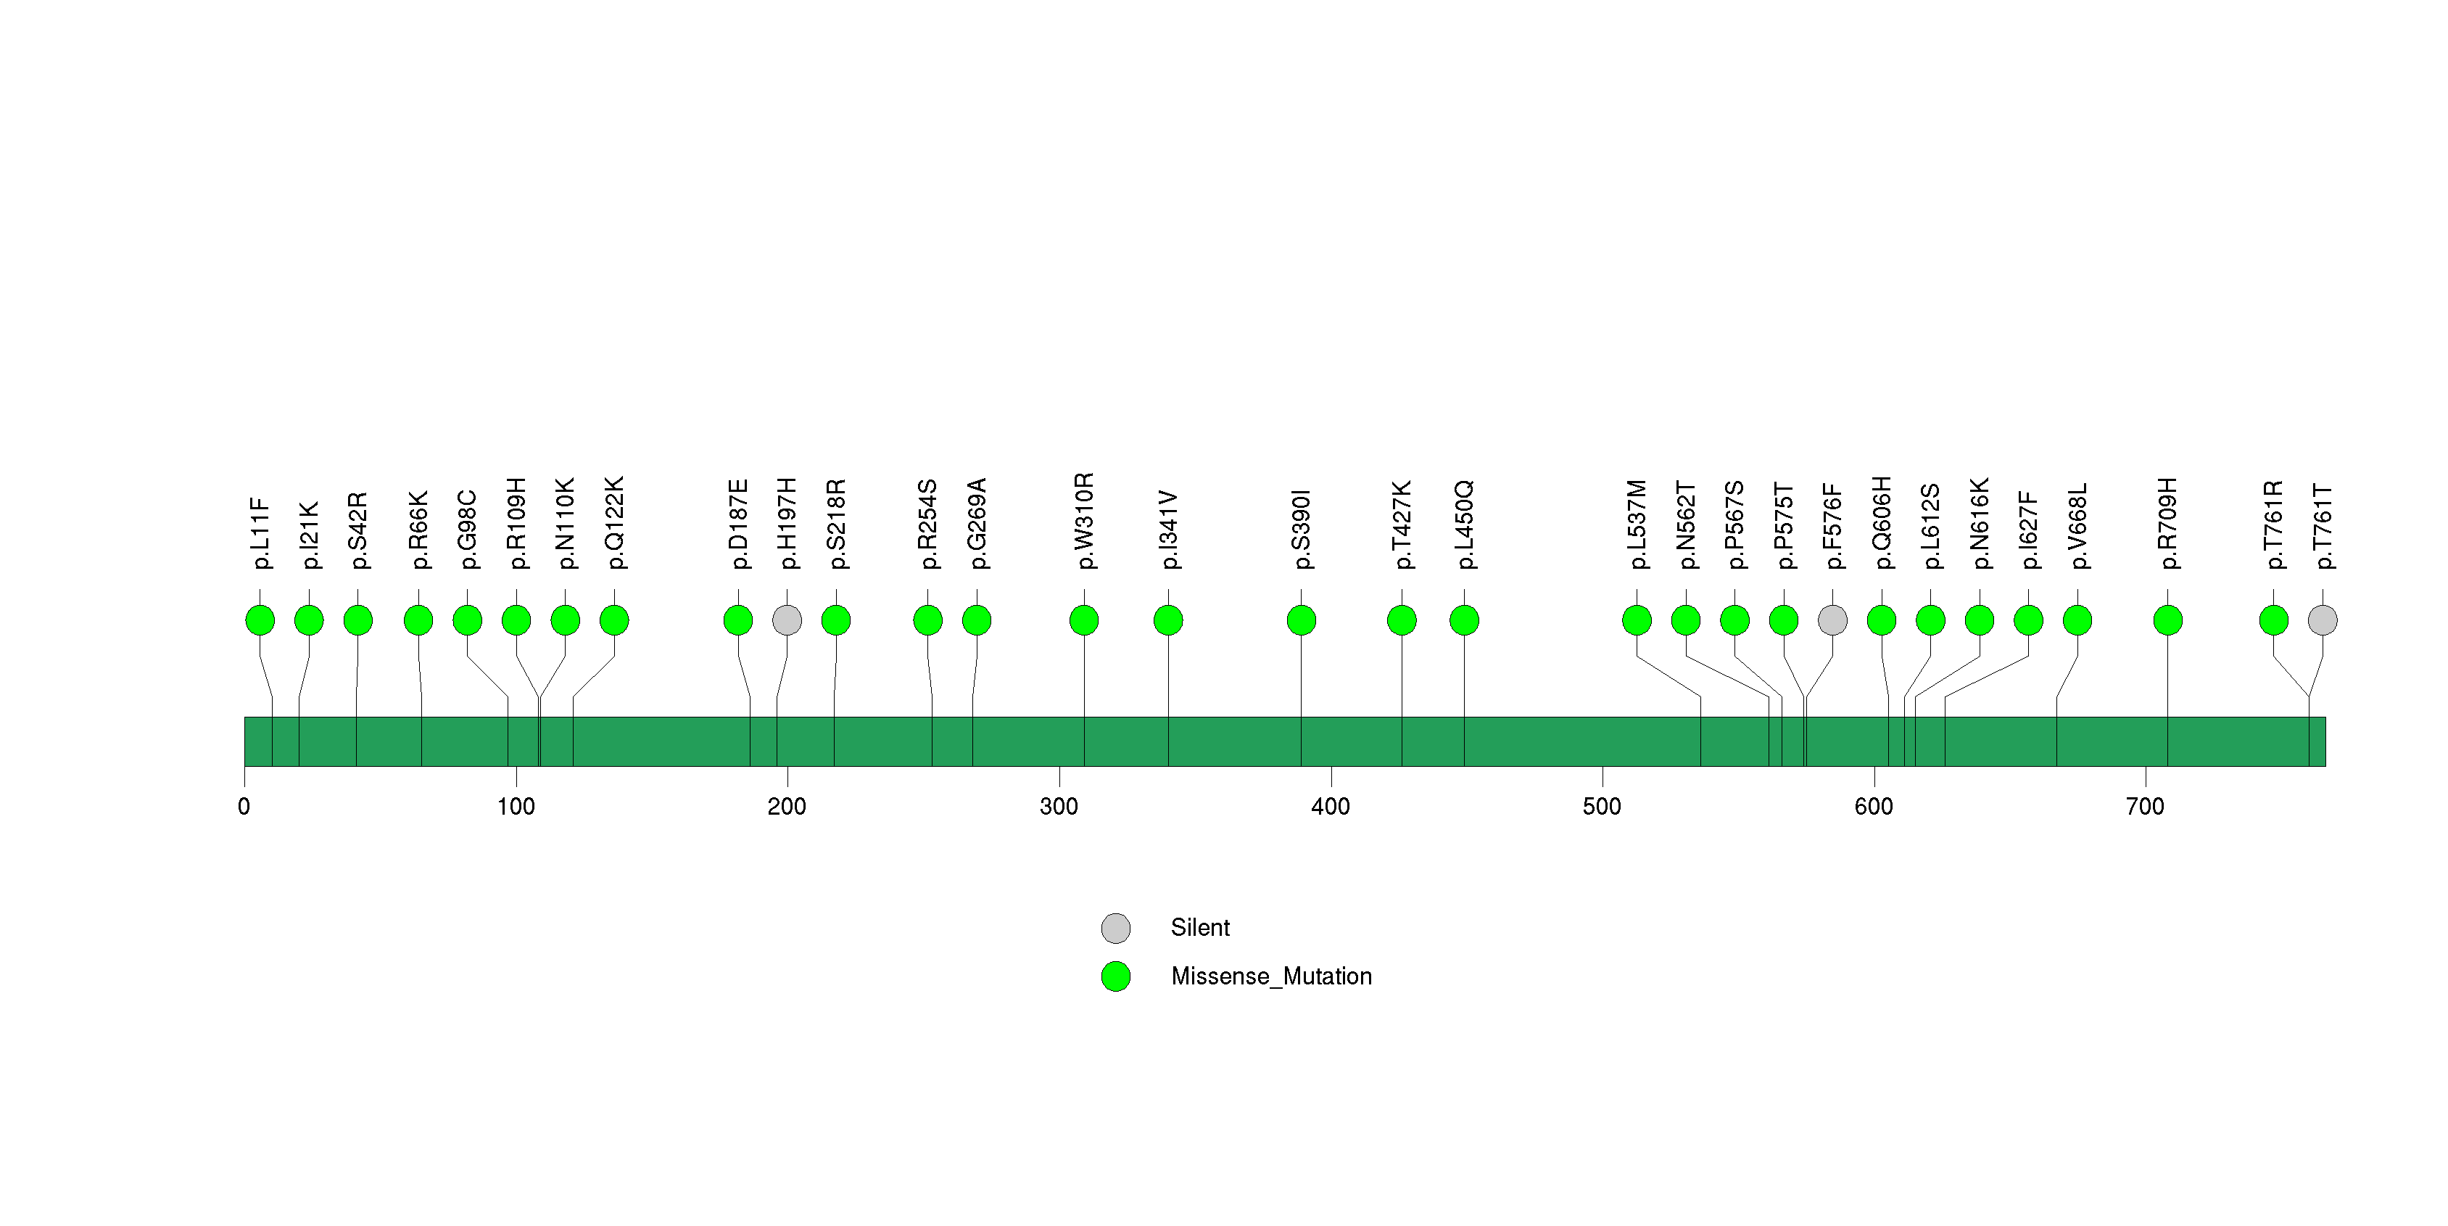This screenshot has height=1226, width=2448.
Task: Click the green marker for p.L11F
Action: tap(260, 620)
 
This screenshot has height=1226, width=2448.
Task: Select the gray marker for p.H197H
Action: tap(787, 620)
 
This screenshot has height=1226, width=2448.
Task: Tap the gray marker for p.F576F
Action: tap(1832, 620)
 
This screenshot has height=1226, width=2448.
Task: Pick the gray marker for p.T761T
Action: tap(2323, 620)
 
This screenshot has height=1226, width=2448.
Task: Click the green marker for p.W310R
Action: tap(1084, 620)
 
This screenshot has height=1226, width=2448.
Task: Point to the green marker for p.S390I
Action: tap(1301, 620)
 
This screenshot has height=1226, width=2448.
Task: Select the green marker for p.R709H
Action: tap(2167, 620)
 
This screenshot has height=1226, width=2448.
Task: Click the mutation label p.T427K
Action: tap(1402, 524)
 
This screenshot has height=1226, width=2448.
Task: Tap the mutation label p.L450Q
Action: tap(1465, 524)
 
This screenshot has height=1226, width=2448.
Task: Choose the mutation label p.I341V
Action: tap(1168, 530)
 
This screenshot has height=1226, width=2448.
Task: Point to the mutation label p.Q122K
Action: tap(614, 523)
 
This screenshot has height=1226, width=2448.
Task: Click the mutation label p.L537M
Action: tap(1637, 524)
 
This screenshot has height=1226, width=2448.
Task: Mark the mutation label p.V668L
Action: tap(2077, 527)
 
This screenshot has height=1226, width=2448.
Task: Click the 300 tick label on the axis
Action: tap(1059, 807)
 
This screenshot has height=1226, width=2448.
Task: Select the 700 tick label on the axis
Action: tap(2145, 807)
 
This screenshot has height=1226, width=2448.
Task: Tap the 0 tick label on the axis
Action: tap(244, 807)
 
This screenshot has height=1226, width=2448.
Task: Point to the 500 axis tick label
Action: tap(1603, 807)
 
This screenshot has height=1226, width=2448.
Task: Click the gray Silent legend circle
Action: tap(1116, 928)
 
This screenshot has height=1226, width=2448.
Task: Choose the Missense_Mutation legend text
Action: tap(1272, 976)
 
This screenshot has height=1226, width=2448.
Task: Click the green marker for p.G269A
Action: tap(977, 620)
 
